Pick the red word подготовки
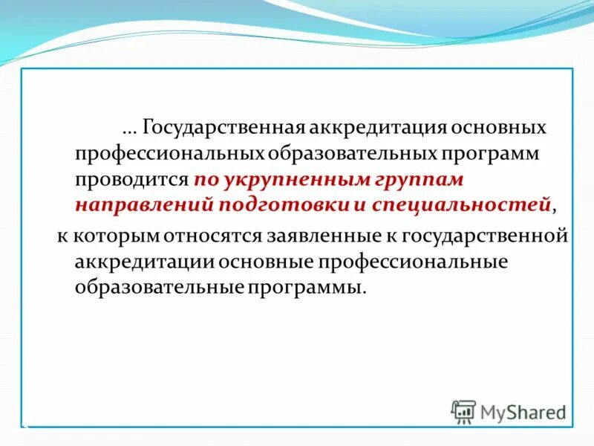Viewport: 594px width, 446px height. point(278,205)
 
